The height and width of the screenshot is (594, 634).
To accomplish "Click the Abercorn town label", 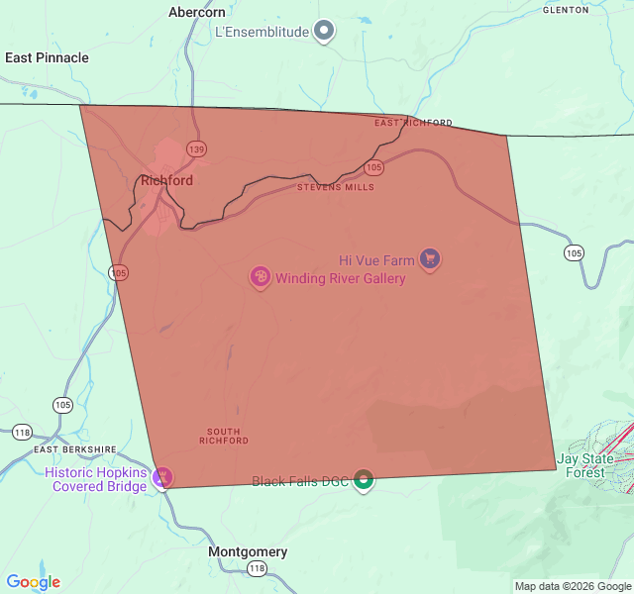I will tap(197, 12).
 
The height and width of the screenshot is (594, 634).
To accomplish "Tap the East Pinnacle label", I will tap(47, 57).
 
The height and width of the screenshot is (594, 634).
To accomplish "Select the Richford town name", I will tap(166, 181).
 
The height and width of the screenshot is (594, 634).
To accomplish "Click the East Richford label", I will tap(413, 123).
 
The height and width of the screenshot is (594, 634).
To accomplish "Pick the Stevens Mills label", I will tap(336, 186).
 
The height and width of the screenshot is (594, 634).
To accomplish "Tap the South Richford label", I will tap(223, 436).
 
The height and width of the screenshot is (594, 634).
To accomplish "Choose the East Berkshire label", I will tap(75, 449).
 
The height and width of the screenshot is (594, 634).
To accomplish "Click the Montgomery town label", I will tap(248, 551).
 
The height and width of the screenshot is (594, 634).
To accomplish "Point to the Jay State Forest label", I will tap(584, 465).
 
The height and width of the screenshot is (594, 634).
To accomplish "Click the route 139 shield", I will tap(196, 148).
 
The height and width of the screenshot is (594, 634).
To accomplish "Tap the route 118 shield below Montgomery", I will tap(258, 568).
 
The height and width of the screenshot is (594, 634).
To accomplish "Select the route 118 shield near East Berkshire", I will tap(23, 432).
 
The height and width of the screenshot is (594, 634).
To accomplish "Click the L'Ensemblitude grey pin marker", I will tap(324, 31).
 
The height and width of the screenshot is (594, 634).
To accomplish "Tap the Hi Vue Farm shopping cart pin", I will tap(429, 259).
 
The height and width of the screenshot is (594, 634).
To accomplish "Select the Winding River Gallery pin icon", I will tap(260, 277).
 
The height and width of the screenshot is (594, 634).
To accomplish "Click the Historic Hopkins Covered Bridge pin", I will tap(163, 478).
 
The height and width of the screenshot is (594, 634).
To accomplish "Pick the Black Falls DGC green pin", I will tap(364, 481).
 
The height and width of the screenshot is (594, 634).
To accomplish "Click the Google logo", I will tap(33, 582).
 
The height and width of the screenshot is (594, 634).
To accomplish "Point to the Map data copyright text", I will tap(572, 586).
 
